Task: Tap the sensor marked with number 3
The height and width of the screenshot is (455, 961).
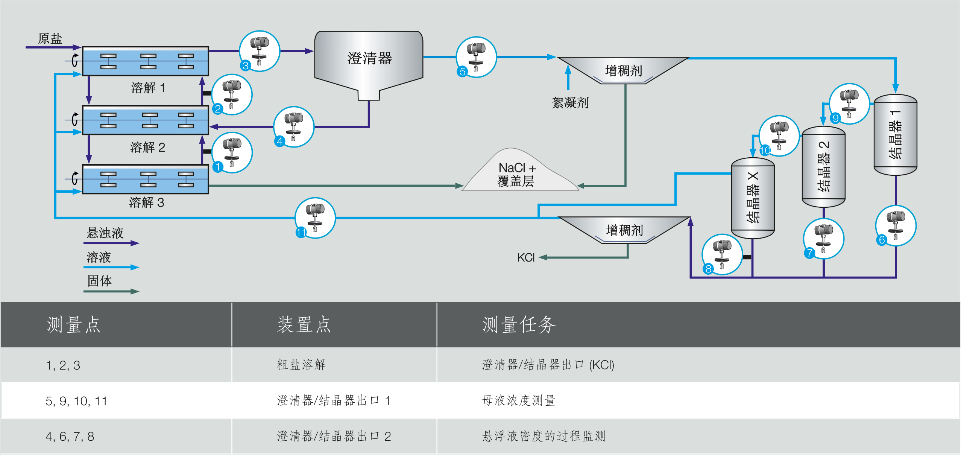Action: pos(259,51)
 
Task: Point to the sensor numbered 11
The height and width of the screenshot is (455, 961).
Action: pos(315,218)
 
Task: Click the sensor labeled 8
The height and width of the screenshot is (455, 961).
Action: pos(722,254)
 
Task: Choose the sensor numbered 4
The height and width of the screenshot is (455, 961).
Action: pos(293,127)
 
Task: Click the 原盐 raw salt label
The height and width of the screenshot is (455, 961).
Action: pos(50,38)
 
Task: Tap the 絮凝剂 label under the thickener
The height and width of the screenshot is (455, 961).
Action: pos(570,103)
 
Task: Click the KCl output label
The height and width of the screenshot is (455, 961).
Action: pos(525,258)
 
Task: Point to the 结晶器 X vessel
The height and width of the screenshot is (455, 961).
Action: pos(753,198)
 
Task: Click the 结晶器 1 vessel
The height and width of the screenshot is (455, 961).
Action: pos(895,135)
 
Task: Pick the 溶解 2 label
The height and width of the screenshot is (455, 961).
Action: pos(147,147)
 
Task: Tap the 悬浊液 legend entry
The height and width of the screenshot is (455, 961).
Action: pos(105,233)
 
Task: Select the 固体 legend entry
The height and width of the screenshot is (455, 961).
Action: pos(100,281)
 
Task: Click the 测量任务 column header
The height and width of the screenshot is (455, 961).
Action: pos(519,325)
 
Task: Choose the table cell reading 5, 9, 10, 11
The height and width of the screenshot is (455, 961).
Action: pos(76,401)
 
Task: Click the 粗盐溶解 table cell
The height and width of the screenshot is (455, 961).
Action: pos(301,365)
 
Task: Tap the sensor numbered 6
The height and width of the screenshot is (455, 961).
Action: pos(896,226)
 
